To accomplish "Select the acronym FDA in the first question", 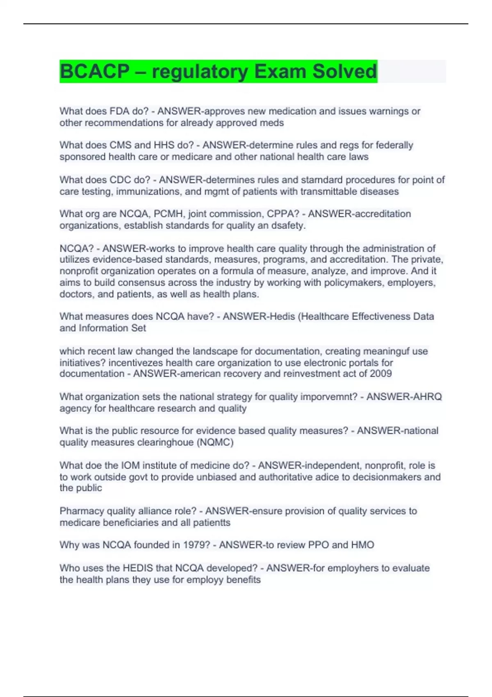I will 119,111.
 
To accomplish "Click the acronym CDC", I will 120,180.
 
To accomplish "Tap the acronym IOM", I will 131,466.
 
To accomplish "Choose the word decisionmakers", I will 387,477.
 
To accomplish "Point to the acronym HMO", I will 362,545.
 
